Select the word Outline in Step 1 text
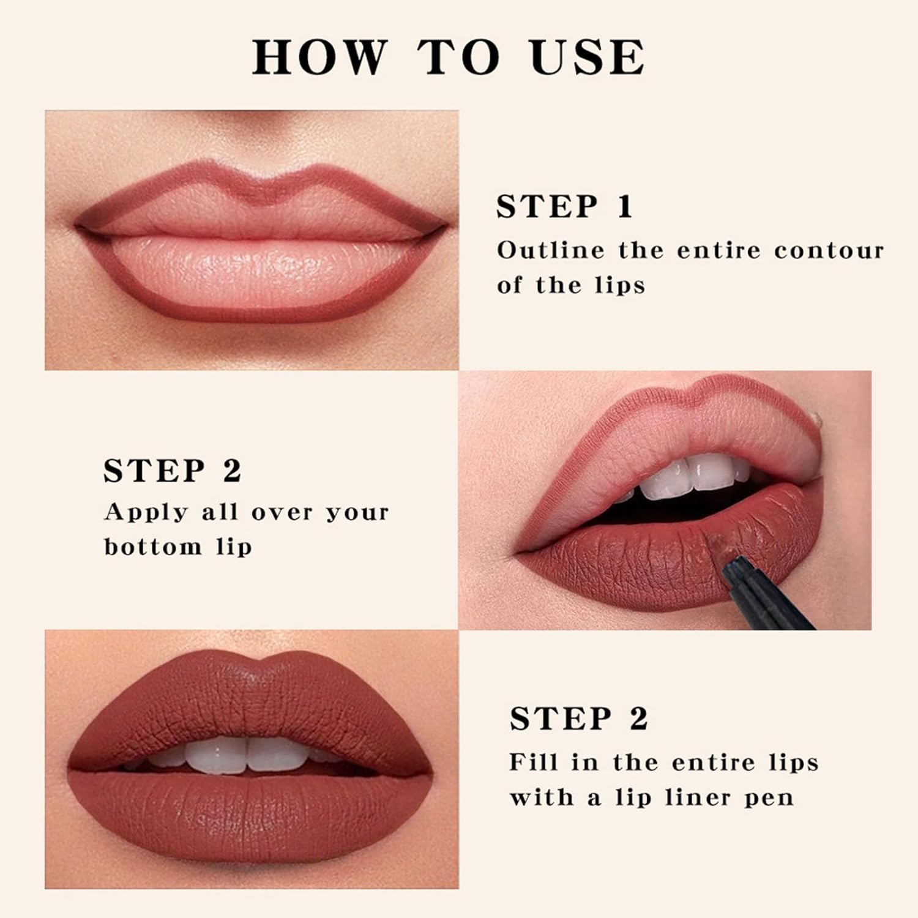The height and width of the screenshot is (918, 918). (550, 250)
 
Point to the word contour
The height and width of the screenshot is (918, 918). (829, 250)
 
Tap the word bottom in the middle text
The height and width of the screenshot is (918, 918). (152, 547)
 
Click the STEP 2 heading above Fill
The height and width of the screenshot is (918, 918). (578, 718)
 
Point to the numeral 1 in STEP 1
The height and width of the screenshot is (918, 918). (624, 207)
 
